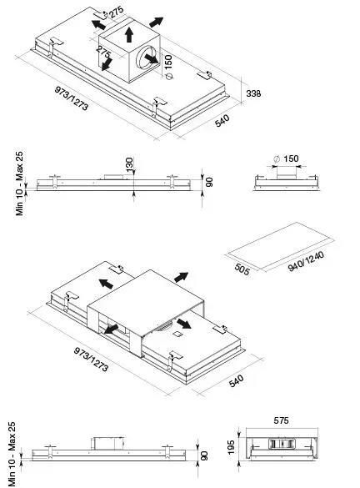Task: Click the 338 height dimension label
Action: (x=253, y=93)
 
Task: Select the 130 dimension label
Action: (x=129, y=164)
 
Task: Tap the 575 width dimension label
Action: (x=281, y=420)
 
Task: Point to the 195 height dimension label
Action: (x=231, y=447)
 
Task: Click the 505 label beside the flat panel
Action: (x=242, y=269)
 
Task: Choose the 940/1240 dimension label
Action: (x=306, y=261)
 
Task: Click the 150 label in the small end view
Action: (x=291, y=158)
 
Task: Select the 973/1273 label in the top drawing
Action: (x=72, y=98)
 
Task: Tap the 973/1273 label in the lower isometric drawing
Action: (x=91, y=360)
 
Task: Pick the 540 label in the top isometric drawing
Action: (x=222, y=120)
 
